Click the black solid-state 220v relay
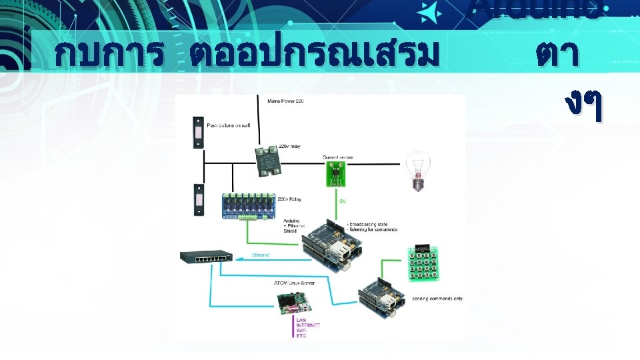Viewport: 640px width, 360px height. (270, 159)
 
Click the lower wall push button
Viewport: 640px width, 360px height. (198, 199)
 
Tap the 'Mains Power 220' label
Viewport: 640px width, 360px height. (286, 101)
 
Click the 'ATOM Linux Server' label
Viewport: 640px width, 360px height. (294, 283)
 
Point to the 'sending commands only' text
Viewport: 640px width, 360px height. (437, 298)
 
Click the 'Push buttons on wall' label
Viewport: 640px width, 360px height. (227, 125)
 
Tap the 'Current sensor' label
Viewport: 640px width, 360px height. (338, 157)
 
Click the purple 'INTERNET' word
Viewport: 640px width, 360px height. (308, 325)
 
